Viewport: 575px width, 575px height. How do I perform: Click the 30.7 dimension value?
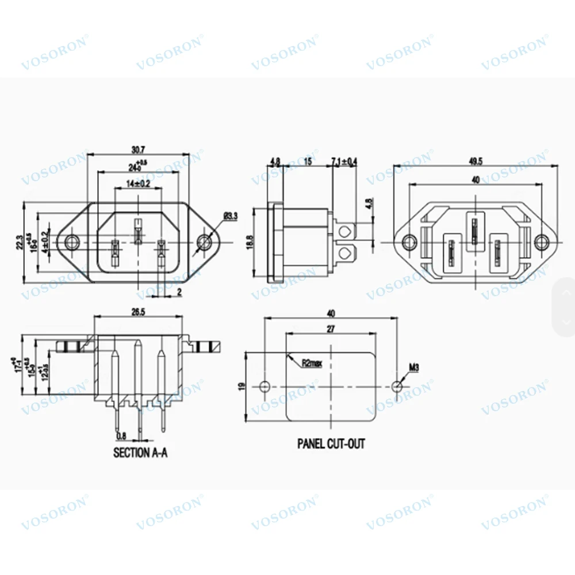(x=137, y=149)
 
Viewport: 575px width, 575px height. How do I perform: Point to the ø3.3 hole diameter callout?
(x=230, y=216)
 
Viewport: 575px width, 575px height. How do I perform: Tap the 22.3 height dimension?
(x=20, y=242)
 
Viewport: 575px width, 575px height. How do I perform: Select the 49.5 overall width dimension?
(x=475, y=161)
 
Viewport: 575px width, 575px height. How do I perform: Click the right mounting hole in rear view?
(x=541, y=241)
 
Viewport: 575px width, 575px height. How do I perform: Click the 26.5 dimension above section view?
(x=137, y=311)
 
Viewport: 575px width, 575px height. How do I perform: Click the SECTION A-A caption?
(x=140, y=453)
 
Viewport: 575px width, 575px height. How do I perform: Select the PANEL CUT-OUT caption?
(x=331, y=443)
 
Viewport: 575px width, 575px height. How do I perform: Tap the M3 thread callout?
(x=413, y=366)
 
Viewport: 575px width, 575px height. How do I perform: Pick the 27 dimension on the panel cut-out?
(x=331, y=328)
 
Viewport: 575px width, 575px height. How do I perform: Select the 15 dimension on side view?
(x=308, y=162)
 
